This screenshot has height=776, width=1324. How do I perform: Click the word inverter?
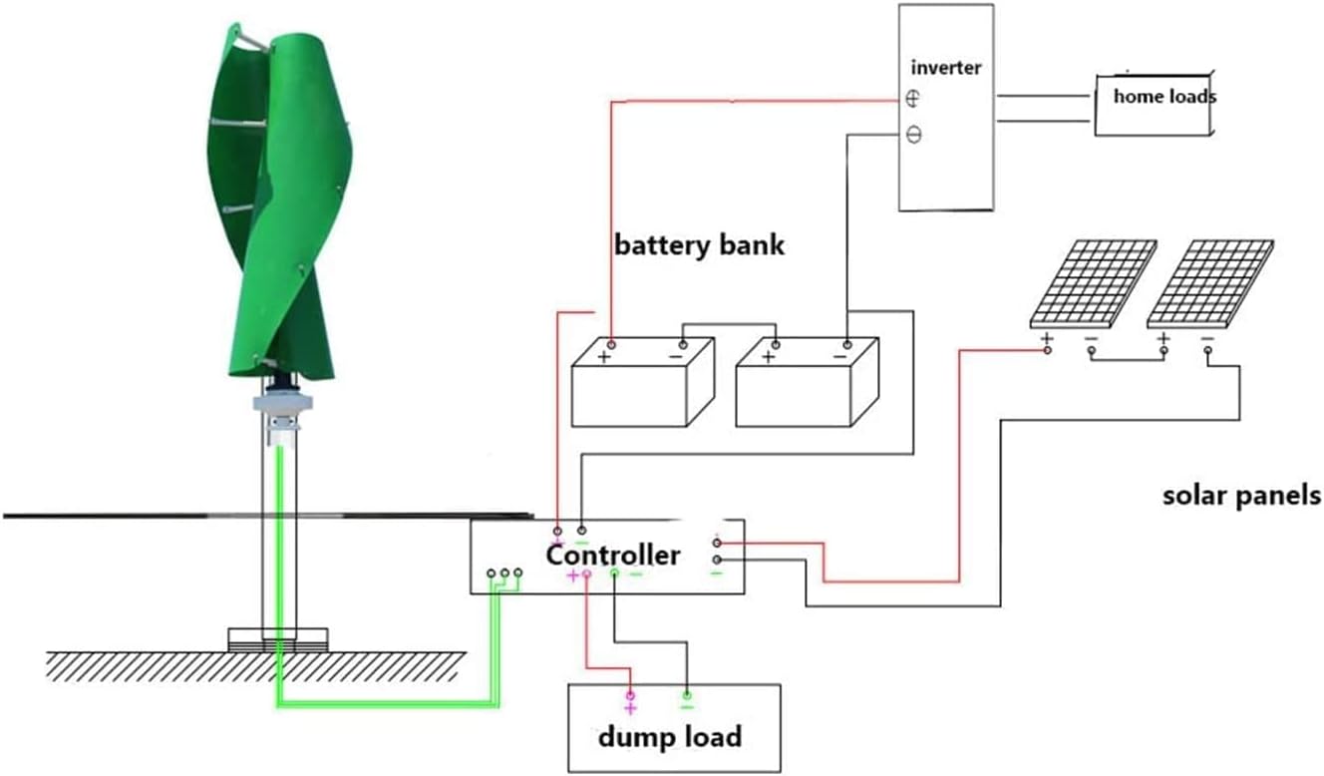coord(945,68)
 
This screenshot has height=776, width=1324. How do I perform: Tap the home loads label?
coord(1163,97)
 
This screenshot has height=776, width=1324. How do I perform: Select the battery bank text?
coord(699,244)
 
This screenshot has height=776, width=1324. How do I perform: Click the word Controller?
coord(612,555)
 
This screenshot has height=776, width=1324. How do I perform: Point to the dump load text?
coord(669,737)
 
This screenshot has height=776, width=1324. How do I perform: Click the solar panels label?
coord(1241,496)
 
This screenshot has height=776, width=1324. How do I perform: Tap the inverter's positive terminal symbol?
coord(913,99)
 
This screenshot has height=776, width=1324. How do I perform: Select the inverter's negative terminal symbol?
coord(913,135)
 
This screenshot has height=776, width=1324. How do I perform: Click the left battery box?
coord(641,384)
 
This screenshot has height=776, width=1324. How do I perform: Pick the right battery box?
coord(806,384)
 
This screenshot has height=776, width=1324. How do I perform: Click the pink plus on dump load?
coord(629,708)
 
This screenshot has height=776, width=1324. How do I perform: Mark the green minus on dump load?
coord(686,707)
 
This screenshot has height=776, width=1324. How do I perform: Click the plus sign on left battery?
coord(603,356)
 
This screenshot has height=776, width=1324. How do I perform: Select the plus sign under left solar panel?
coord(1047,339)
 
